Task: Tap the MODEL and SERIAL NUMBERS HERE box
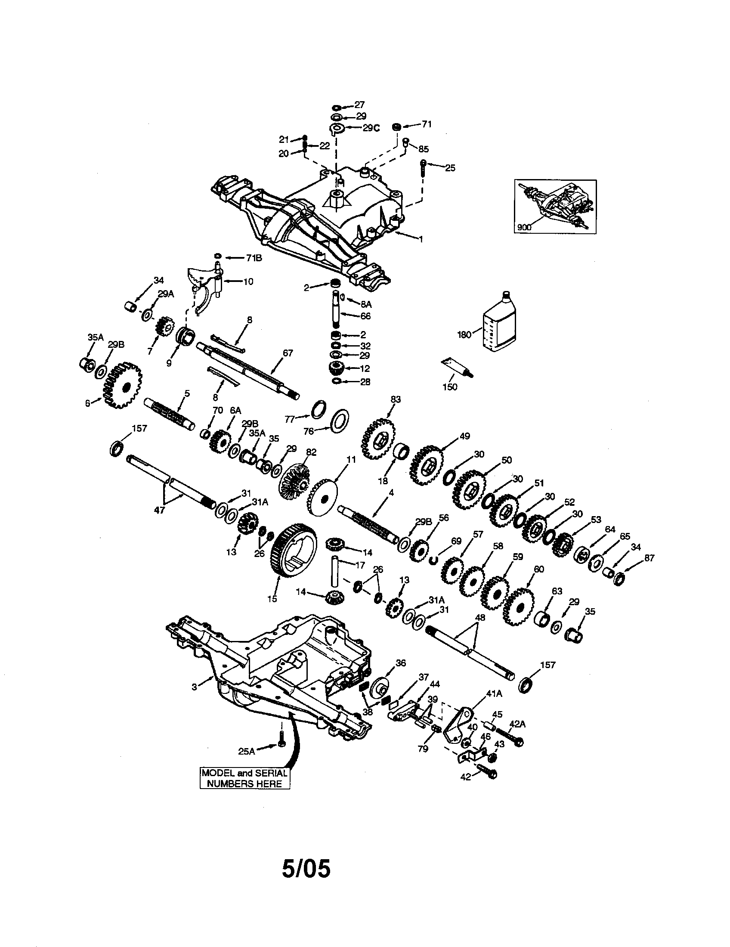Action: (244, 778)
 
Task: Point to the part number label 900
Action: (525, 227)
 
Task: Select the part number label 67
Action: (288, 353)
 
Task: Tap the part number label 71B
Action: (254, 257)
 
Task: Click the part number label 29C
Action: (371, 128)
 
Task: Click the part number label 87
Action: (649, 558)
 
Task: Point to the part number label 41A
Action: (494, 694)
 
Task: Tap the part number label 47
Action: (160, 511)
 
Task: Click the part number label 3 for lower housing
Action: (194, 687)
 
